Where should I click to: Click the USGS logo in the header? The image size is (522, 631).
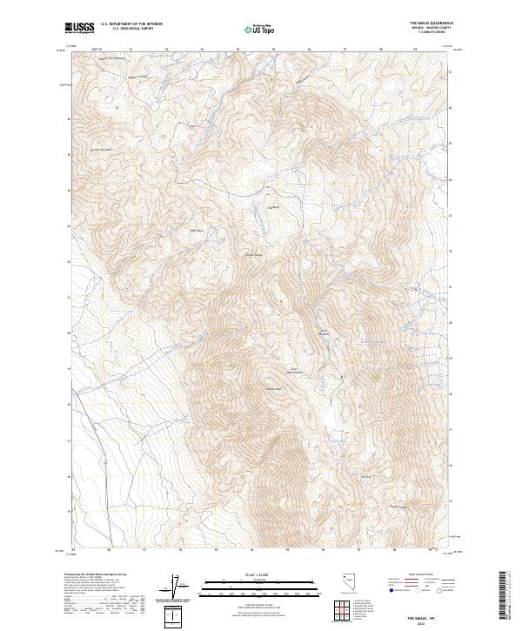(79, 29)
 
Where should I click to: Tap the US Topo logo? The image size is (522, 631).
(259, 30)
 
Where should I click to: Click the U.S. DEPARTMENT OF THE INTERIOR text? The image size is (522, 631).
(131, 25)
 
